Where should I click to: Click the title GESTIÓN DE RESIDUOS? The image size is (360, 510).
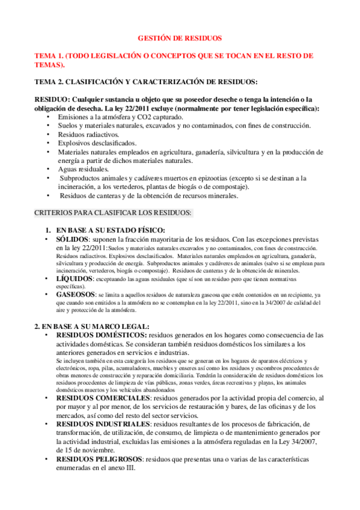point(180,37)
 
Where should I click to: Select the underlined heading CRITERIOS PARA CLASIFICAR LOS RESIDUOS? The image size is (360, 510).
point(113,213)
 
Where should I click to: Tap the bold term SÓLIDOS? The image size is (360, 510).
point(75,239)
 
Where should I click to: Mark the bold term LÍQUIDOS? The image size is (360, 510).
point(76,280)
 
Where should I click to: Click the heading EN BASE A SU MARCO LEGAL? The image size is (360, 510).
point(91,326)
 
